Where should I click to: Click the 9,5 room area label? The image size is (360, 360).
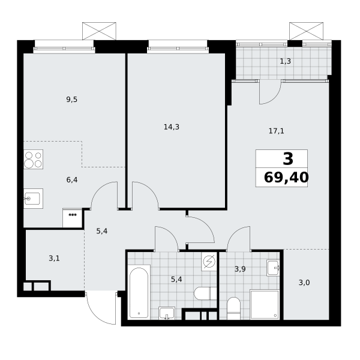[71, 100]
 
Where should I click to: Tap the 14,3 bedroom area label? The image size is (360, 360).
[172, 127]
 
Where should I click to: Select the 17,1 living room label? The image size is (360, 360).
[276, 131]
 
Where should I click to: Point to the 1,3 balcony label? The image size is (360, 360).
[286, 61]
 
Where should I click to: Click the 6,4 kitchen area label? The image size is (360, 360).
[72, 180]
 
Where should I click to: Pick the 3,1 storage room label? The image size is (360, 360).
[54, 259]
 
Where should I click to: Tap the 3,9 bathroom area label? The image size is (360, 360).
[240, 269]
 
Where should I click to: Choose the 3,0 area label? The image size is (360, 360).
[304, 283]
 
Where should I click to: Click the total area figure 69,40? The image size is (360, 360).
[286, 178]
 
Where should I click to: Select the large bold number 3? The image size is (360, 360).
[288, 158]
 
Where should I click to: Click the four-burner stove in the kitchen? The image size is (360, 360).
[33, 160]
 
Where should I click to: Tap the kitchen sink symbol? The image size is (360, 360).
[33, 199]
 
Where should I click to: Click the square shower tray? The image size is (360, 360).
[265, 305]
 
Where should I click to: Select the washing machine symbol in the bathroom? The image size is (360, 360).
[209, 262]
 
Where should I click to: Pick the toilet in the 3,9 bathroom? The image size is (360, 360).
[233, 308]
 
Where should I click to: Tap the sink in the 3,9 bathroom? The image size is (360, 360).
[273, 268]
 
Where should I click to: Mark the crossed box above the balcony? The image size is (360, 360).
[306, 31]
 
